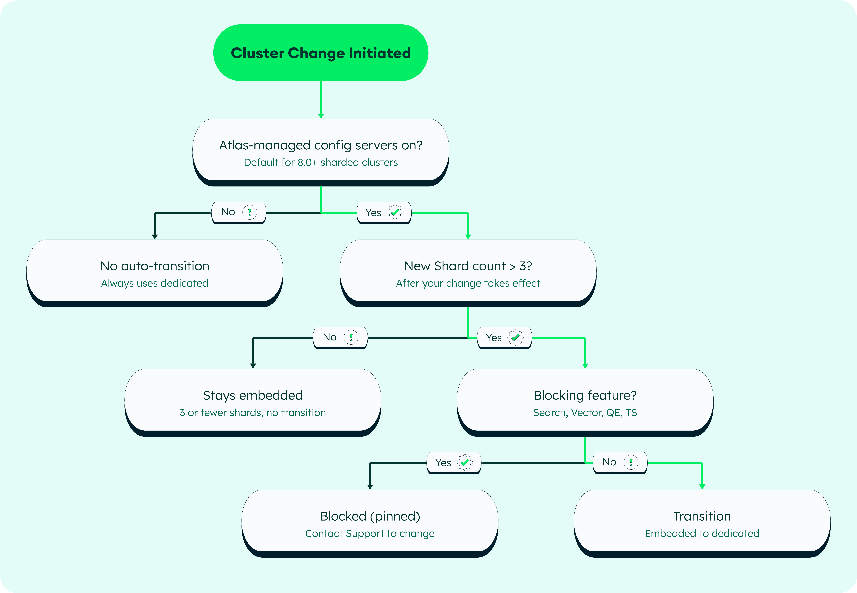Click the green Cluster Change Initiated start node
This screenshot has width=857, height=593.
321,53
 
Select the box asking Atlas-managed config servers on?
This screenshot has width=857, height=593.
321,152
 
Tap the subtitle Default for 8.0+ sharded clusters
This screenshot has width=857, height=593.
321,162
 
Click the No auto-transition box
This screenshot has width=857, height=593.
155,273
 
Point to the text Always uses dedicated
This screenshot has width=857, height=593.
155,283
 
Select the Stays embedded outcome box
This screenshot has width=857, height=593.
253,402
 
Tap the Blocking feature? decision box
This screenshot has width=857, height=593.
585,402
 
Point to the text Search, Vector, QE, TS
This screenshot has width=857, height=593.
585,412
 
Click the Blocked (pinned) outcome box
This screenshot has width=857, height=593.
370,524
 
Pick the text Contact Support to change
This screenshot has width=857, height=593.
370,534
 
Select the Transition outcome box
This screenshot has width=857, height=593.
702,524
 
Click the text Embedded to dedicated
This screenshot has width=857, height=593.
702,534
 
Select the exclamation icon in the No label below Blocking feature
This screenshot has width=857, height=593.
631,462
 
